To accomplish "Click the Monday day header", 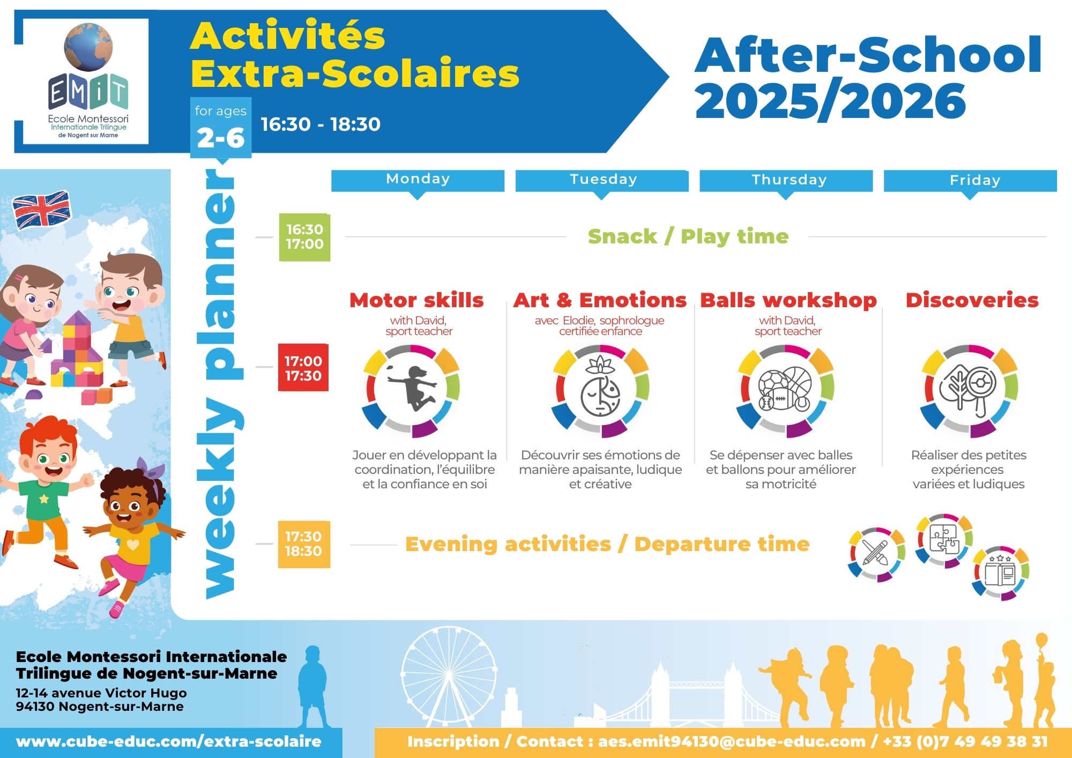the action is [418, 181].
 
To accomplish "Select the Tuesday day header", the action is [602, 181].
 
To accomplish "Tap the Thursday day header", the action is [786, 181].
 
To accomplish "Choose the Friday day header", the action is [970, 181].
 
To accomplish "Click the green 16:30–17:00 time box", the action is [304, 237].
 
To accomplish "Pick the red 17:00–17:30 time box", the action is [303, 367].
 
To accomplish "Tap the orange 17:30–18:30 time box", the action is [303, 544].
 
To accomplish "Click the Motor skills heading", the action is [416, 300].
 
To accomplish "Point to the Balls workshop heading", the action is [788, 300].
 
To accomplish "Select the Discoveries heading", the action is [972, 300].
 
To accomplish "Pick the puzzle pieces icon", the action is [944, 540].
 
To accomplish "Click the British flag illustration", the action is [41, 210].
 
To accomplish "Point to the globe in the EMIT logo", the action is [88, 47].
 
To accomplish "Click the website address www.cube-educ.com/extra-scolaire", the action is [169, 742].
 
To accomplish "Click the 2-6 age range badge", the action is [221, 138].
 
